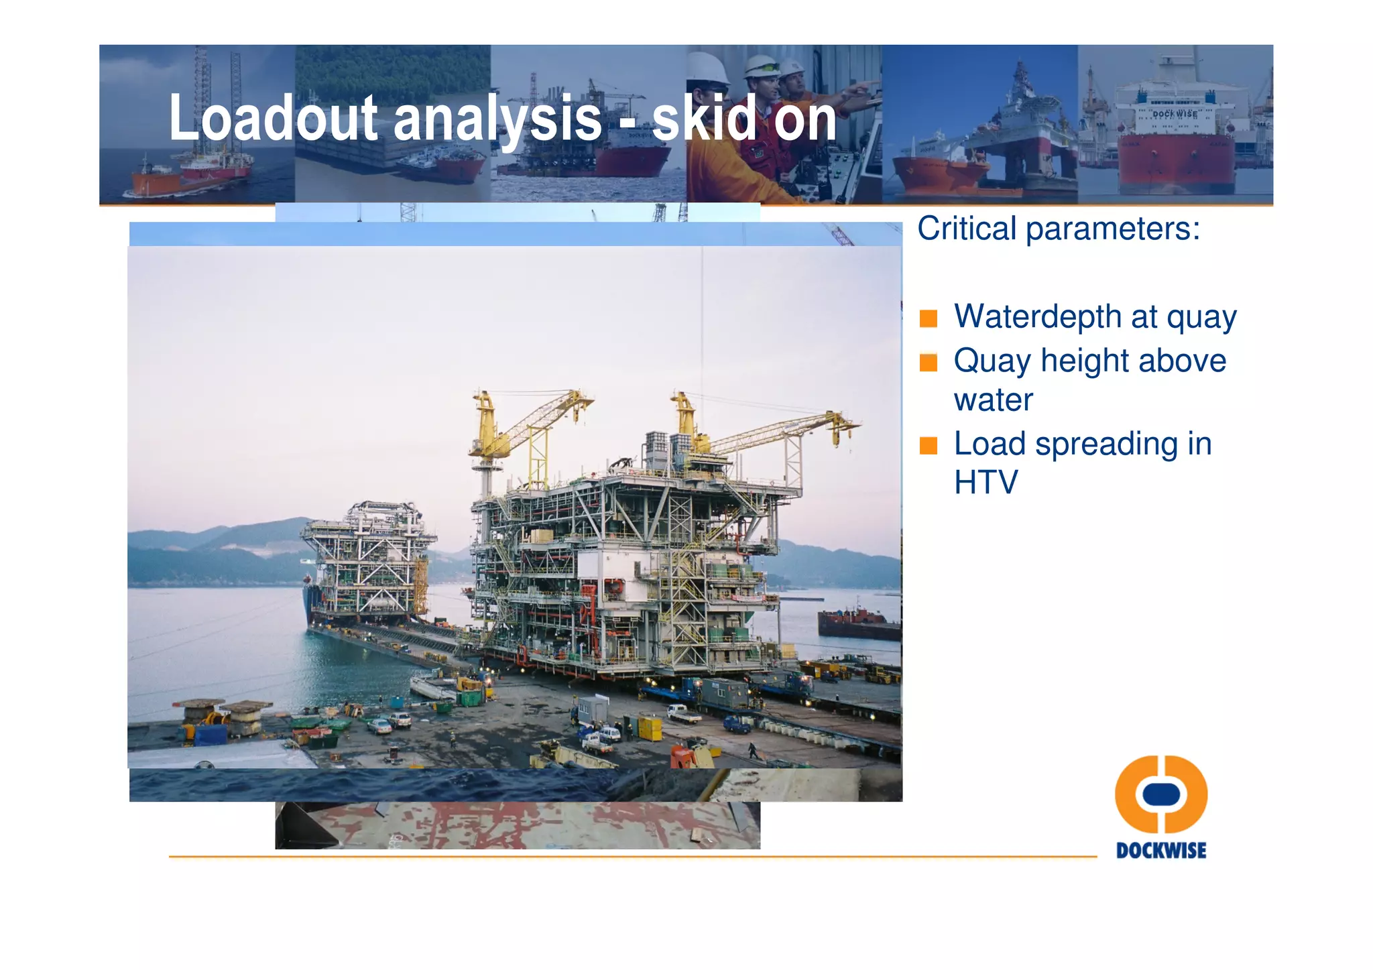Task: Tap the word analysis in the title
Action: coord(497,118)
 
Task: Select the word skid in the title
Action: coord(704,118)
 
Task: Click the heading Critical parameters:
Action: coord(1058,229)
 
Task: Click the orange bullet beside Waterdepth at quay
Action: coord(928,318)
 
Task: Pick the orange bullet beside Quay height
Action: coord(928,363)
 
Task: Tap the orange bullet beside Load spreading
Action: coord(928,445)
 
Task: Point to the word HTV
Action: coord(986,483)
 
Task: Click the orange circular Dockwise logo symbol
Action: coord(1160,794)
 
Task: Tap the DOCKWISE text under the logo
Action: coord(1160,851)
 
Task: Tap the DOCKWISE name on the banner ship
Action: coord(1174,115)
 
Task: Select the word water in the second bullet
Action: coord(993,400)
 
